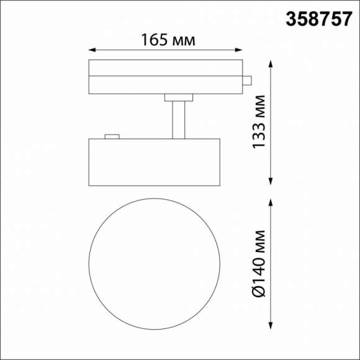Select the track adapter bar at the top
click(x=165, y=77)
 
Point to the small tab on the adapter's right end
click(x=246, y=80)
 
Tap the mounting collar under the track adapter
click(x=179, y=97)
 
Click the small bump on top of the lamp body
click(x=112, y=136)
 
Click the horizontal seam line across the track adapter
click(x=165, y=74)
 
